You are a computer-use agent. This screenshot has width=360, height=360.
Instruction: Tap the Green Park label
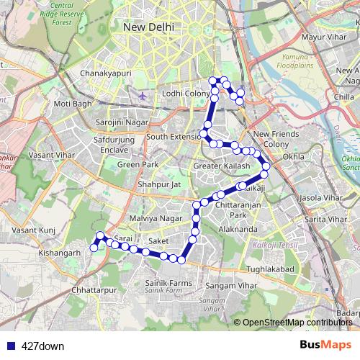pyautogui.click(x=138, y=165)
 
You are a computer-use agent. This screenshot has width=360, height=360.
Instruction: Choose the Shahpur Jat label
pyautogui.click(x=158, y=184)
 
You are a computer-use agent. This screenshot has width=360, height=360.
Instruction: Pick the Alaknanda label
pyautogui.click(x=237, y=229)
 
